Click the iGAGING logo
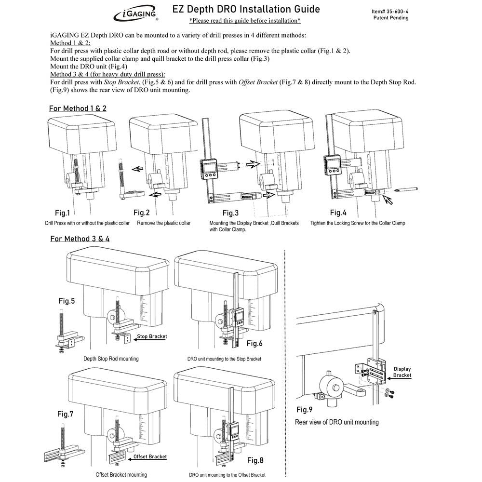(x=135, y=14)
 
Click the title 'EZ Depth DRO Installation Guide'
(x=246, y=9)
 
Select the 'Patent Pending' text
(x=391, y=18)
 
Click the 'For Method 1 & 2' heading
(x=78, y=108)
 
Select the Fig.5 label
(x=67, y=301)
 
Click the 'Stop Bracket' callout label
(x=152, y=337)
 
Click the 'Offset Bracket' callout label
(x=150, y=456)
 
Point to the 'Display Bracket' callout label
(x=402, y=372)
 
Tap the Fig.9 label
(x=305, y=410)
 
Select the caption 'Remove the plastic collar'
(x=163, y=223)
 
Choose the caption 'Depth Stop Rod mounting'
(x=111, y=359)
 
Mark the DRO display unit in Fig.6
(x=238, y=319)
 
